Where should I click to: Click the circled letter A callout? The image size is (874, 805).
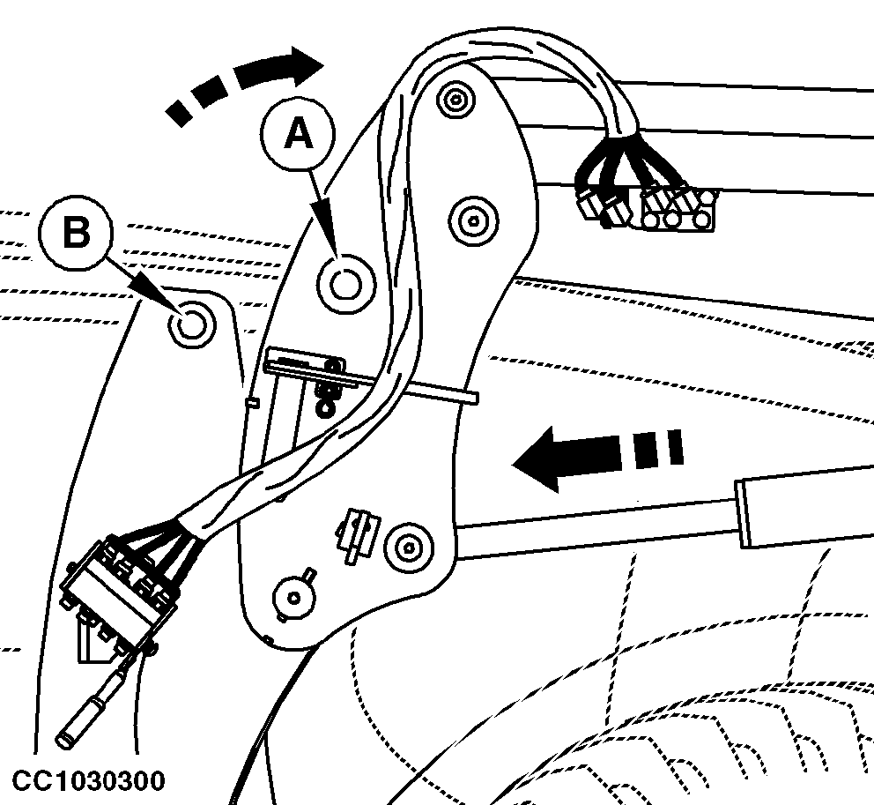point(299,134)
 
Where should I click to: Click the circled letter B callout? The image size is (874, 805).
point(77,233)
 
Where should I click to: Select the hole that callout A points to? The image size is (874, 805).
point(345,283)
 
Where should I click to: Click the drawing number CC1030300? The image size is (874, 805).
point(87,781)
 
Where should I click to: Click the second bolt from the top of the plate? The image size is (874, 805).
point(471,217)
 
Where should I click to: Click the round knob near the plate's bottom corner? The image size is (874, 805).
point(293,597)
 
